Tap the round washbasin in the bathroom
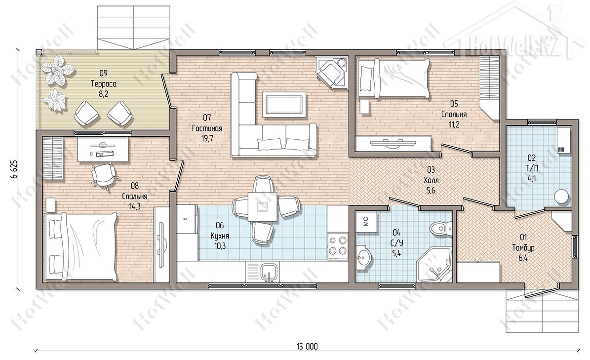(364, 258)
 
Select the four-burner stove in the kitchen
(338, 244)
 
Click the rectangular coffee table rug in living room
(283, 103)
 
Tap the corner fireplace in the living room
(331, 72)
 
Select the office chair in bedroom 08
(103, 174)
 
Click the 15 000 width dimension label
(307, 346)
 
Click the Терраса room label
(104, 83)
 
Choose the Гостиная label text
(207, 128)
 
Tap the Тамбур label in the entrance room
(523, 248)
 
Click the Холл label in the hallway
(431, 181)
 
